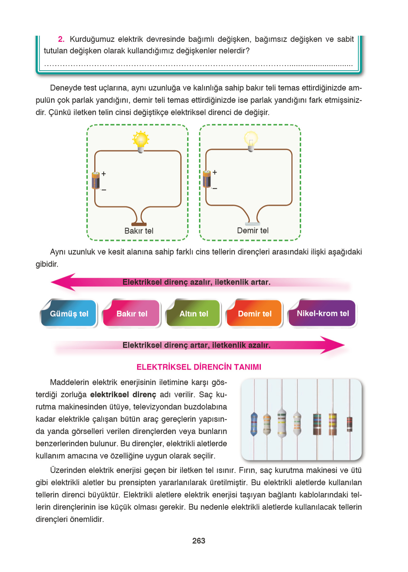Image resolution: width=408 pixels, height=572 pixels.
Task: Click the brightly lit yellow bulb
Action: [141, 140]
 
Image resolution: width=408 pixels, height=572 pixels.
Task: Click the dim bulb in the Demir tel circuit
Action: [251, 139]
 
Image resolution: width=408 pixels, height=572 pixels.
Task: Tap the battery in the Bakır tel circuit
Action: [96, 180]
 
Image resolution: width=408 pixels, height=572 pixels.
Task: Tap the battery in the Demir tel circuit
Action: [207, 179]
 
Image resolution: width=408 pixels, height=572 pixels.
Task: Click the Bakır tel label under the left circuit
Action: [139, 231]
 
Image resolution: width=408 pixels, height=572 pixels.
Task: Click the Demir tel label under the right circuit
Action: [253, 231]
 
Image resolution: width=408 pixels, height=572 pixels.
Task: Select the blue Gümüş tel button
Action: [69, 313]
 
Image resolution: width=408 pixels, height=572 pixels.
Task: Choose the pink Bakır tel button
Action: [132, 313]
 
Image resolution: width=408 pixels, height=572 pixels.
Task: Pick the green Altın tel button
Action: [194, 313]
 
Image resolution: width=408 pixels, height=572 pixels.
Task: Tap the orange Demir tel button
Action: [255, 313]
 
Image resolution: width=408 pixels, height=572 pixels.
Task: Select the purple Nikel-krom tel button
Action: [322, 313]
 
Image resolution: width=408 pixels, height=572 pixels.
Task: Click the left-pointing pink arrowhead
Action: [63, 282]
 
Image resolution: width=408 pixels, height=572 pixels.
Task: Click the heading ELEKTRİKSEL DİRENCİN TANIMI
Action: [199, 367]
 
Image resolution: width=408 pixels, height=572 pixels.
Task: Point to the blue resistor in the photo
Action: [254, 424]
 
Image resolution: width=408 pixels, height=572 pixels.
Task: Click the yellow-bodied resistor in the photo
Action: [332, 424]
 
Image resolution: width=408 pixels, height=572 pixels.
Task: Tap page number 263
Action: [199, 541]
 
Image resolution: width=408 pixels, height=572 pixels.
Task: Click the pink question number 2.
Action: [61, 39]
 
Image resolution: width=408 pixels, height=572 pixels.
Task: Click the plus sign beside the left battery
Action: [104, 174]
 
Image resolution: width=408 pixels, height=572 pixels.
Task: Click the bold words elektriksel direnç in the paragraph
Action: [123, 394]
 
